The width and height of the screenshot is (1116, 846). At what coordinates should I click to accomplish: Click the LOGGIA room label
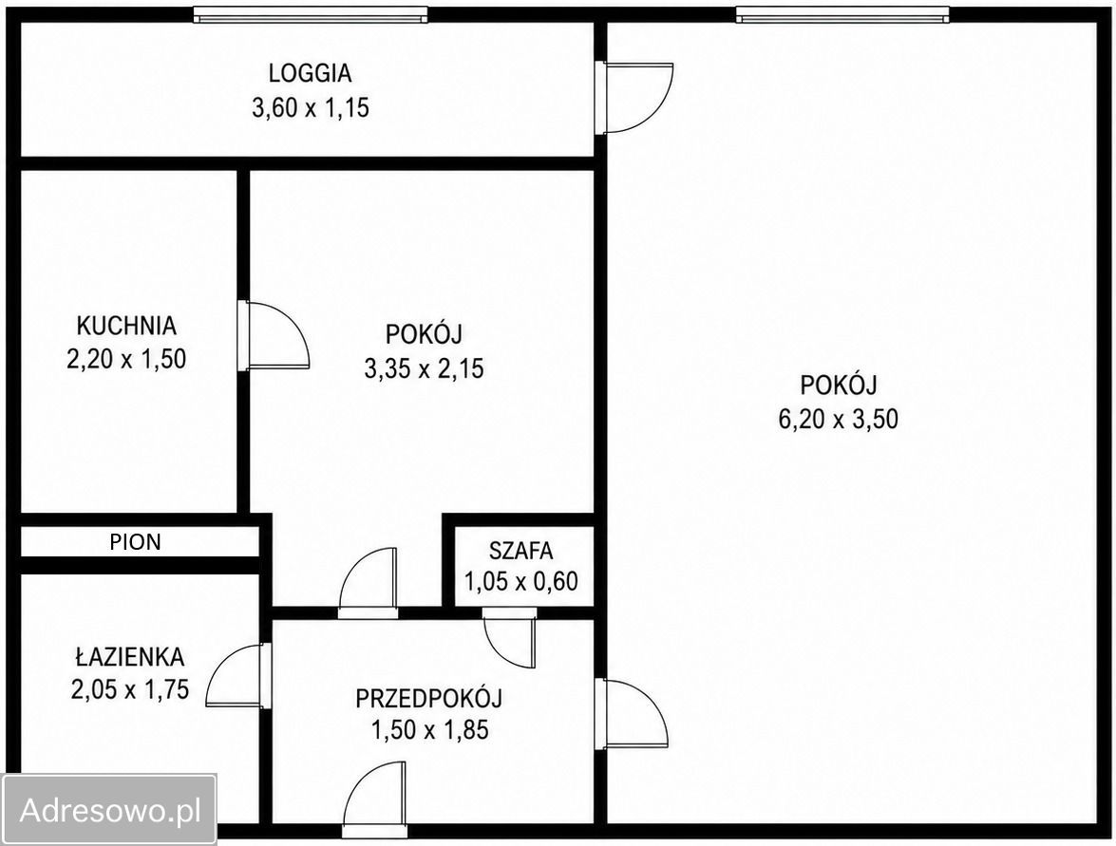[311, 73]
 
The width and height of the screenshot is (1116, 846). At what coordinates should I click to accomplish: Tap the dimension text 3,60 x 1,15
[311, 108]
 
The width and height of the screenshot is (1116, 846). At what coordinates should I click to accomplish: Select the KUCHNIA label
[126, 326]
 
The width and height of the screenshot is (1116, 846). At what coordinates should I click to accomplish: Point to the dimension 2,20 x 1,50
[126, 359]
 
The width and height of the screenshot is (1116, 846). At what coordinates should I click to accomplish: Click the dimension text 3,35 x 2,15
[425, 368]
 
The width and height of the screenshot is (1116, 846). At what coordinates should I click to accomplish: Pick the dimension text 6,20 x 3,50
[839, 419]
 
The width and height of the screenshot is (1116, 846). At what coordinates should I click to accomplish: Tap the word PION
[135, 542]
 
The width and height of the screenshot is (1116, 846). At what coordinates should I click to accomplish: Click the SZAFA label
[521, 551]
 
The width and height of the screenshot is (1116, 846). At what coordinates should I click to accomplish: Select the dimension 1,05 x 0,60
[521, 582]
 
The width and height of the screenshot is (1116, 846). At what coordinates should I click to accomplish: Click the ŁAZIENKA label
[129, 656]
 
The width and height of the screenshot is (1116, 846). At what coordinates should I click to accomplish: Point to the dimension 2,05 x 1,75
[129, 689]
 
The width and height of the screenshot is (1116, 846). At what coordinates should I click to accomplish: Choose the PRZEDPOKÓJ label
[429, 698]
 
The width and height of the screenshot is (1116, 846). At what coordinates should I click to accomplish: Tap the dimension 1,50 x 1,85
[429, 731]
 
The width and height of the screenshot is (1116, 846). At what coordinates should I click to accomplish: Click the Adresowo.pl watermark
[110, 810]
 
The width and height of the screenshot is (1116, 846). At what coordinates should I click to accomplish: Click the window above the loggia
[311, 14]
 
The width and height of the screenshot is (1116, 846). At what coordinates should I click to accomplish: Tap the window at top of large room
[842, 14]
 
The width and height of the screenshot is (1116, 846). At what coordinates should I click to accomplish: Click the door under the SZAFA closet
[509, 638]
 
